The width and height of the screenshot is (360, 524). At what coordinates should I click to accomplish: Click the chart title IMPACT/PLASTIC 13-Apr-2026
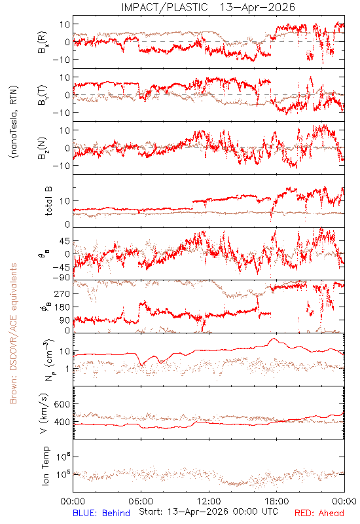(208, 7)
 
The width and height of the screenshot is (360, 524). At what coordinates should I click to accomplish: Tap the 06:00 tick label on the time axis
(141, 501)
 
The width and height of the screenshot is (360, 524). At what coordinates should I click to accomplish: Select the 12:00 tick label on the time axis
(209, 501)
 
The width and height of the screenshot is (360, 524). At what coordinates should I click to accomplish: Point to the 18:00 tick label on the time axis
(277, 501)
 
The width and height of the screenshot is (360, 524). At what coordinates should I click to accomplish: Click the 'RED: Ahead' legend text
(319, 513)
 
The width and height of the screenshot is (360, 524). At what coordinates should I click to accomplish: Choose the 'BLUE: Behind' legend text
(101, 513)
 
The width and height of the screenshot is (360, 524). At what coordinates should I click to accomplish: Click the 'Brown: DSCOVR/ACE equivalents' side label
(13, 333)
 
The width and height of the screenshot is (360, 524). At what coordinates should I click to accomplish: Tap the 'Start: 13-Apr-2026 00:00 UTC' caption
(208, 512)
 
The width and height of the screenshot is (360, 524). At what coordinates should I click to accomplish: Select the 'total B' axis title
(48, 201)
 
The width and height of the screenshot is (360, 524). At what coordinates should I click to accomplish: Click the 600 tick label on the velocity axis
(62, 404)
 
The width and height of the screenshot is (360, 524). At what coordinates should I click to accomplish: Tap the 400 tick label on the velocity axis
(62, 422)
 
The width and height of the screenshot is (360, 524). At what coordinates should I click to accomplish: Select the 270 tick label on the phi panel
(62, 293)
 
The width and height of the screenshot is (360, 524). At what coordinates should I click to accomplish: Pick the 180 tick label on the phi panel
(62, 307)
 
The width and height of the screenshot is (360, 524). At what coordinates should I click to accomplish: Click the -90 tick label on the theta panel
(61, 277)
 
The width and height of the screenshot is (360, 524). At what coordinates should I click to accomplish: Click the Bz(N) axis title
(43, 149)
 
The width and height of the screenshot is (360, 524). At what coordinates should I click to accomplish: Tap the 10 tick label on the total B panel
(65, 201)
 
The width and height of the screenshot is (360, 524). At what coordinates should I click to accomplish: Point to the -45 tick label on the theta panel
(61, 267)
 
